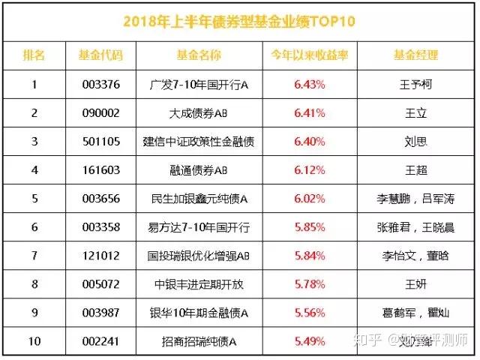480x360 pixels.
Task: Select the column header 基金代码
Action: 100,55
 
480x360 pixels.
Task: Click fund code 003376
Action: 100,84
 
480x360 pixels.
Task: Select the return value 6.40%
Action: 308,142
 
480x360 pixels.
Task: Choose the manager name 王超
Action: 415,170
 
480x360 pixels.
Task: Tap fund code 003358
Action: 100,227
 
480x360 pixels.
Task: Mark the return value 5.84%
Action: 308,256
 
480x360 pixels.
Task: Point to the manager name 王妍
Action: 415,284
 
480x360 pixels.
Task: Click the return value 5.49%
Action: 308,341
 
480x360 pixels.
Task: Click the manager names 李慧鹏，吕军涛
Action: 415,199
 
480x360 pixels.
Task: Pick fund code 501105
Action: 100,142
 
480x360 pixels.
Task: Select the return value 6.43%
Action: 308,84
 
